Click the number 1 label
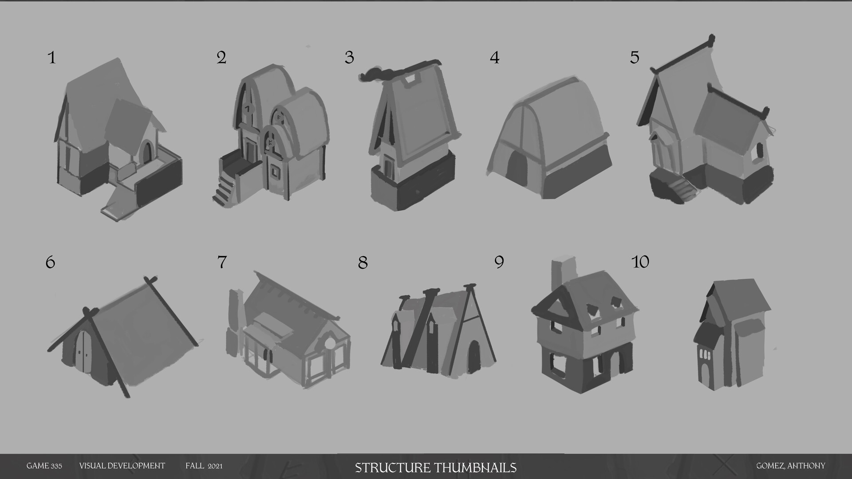click(x=52, y=58)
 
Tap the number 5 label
click(x=635, y=58)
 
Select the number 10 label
click(x=640, y=262)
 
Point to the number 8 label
click(x=363, y=263)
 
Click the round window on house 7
click(x=331, y=343)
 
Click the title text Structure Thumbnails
click(x=435, y=467)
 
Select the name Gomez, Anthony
click(x=791, y=466)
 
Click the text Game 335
click(x=44, y=466)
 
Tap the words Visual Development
click(x=122, y=466)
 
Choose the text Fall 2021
click(x=204, y=466)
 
